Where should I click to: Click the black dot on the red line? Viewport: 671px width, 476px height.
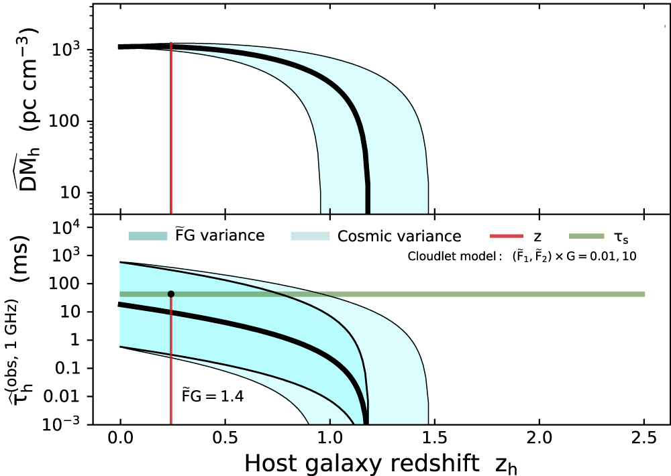coord(171,294)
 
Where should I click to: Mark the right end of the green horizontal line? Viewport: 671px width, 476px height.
coord(643,294)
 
